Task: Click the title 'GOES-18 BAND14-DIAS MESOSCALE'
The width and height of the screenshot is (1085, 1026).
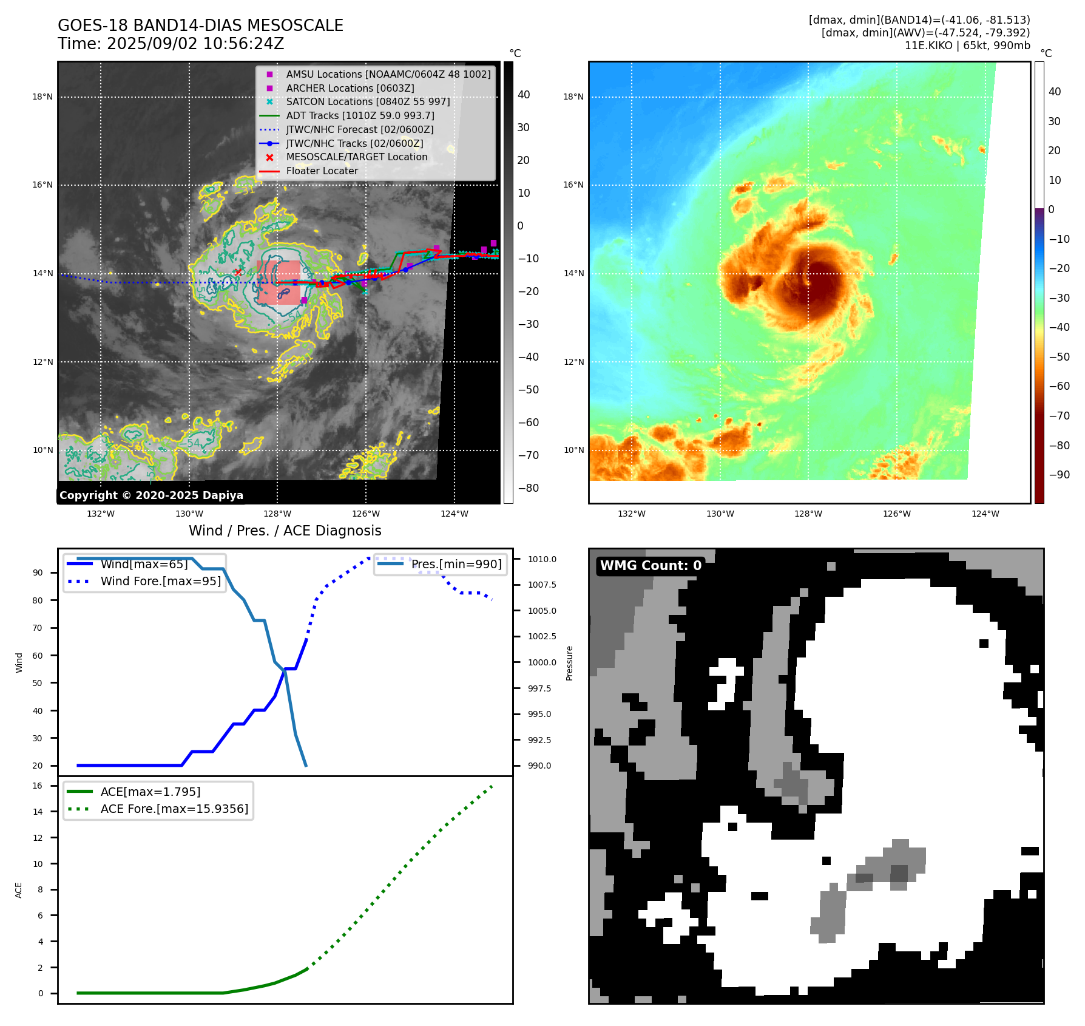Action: [x=200, y=25]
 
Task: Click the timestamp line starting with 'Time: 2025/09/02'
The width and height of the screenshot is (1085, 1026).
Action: [x=171, y=44]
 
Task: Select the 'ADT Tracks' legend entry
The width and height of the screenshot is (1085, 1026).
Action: [x=360, y=115]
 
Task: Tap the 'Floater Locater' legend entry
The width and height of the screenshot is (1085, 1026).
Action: [x=322, y=171]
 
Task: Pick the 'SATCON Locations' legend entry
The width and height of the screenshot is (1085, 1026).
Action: [x=368, y=101]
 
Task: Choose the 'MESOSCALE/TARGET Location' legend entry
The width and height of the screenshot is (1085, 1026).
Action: [x=356, y=157]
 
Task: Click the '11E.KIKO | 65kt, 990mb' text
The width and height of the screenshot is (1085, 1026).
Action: [x=967, y=46]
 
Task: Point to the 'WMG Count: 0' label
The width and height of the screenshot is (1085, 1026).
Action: [x=651, y=566]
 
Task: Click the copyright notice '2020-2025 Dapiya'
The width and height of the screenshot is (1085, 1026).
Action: [x=151, y=495]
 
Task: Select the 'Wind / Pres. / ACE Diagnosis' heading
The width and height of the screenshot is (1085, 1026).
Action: [x=285, y=531]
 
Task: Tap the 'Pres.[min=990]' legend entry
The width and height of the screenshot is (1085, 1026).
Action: [x=456, y=564]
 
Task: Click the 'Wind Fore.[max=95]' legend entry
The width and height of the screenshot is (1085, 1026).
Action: [x=161, y=581]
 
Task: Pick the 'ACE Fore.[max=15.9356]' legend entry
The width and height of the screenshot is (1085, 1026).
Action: [x=174, y=809]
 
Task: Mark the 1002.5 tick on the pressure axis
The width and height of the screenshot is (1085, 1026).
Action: [x=542, y=636]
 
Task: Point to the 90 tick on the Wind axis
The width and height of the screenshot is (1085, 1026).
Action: [x=38, y=572]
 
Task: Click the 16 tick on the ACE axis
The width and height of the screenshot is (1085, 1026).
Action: [x=38, y=786]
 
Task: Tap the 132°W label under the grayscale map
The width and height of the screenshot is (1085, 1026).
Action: [x=101, y=514]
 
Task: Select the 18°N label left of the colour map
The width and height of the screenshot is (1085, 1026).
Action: [x=573, y=97]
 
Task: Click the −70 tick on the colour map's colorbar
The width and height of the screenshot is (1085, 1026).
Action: [x=1060, y=416]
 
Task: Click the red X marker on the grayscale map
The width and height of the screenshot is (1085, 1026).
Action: [x=238, y=273]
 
